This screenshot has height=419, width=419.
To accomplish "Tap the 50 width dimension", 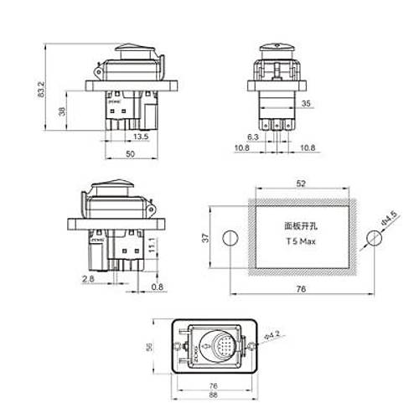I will pos(131,155).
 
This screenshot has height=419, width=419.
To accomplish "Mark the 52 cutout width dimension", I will pos(300,184).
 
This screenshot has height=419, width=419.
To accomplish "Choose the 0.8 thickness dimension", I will pos(158,288).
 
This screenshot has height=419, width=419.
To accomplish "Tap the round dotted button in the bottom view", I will pos(218,344).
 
